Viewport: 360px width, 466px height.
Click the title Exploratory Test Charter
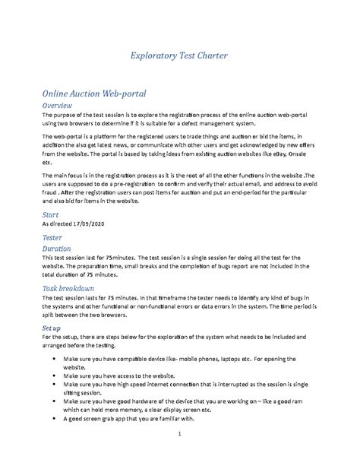click(179, 55)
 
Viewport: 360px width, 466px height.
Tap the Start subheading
click(50, 215)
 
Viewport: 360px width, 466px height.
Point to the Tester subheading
click(52, 237)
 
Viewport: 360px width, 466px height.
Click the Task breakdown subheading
click(68, 289)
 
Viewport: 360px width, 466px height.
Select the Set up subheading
click(54, 328)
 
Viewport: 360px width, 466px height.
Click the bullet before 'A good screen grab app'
click(51, 417)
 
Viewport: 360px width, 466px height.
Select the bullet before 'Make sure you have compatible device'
click(51, 357)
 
